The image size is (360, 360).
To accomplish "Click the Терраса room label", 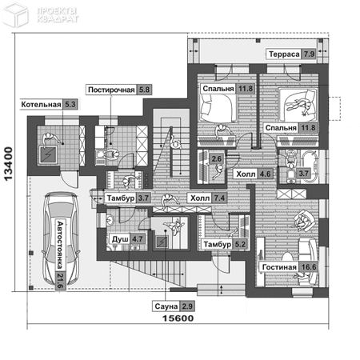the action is tap(284, 54).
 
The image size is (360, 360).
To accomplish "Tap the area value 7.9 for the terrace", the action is tap(309, 54).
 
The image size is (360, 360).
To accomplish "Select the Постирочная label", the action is tap(111, 90).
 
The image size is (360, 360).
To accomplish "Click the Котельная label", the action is tap(41, 104).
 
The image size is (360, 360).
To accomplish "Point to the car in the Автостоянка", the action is tap(61, 238).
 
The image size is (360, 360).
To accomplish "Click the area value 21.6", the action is tap(60, 281).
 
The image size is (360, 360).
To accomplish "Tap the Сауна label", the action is tap(166, 306).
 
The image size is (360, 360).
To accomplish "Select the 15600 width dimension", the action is tap(178, 318).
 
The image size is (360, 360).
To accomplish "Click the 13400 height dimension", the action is tap(9, 163).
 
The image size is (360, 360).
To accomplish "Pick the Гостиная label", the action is tap(279, 267).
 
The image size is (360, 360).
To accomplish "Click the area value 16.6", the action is tap(309, 267).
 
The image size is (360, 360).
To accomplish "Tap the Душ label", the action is tap(120, 239).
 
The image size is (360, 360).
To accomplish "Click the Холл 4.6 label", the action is tap(254, 174).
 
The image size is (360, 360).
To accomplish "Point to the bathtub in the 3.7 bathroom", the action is tap(310, 166).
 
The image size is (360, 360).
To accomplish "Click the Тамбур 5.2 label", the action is tap(224, 244).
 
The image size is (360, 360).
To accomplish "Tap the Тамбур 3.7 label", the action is tap(127, 198).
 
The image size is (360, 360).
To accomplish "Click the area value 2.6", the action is tap(216, 159).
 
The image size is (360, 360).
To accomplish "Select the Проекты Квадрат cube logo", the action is tap(15, 15).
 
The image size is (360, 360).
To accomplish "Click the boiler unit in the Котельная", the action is tap(48, 154).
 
